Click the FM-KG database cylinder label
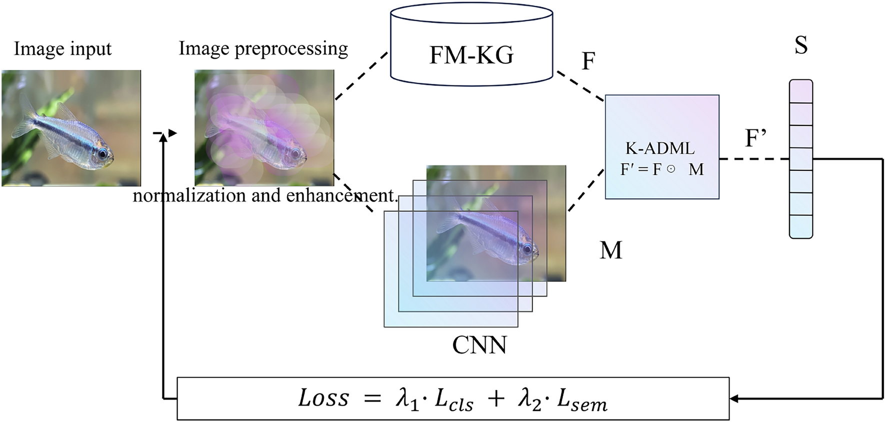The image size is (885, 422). tap(471, 55)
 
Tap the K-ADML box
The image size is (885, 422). tap(661, 147)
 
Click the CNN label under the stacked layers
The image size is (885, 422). tap(479, 345)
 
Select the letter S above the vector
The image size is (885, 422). tap(800, 45)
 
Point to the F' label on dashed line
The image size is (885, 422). tap(755, 139)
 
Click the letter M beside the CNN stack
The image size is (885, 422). tap(610, 250)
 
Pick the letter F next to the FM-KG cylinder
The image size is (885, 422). tap(588, 61)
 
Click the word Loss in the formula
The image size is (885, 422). tap(323, 399)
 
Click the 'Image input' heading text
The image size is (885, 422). tap(62, 49)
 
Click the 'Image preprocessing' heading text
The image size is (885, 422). tap(263, 48)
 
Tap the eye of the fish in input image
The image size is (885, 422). tap(102, 153)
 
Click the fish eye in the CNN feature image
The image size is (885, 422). tap(527, 249)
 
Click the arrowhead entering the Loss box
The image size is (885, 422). tap(734, 399)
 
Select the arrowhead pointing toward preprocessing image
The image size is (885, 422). tap(172, 133)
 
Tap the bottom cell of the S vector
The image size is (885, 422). tap(800, 227)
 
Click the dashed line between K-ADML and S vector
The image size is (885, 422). tap(753, 159)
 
